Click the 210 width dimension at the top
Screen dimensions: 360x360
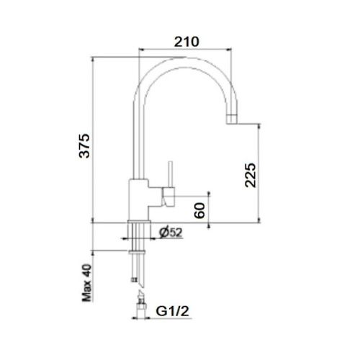coord(186,41)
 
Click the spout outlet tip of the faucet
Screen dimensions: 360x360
coord(234,118)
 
